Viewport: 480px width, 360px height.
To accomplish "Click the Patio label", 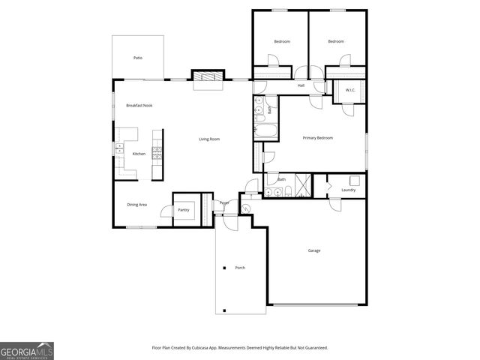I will pos(138,58).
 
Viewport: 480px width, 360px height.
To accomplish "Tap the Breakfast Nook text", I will pos(139,106).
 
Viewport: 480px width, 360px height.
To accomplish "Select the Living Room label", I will pos(209,139).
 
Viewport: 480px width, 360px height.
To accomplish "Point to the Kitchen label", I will pos(139,154).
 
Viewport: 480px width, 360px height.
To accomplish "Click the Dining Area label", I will pos(136,204).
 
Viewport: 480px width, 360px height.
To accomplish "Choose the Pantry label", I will pos(183,210).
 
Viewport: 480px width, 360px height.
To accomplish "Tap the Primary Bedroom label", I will pos(317,138).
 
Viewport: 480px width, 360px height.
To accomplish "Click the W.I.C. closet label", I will pos(350,91).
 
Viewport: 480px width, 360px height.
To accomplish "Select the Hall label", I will pos(301,85).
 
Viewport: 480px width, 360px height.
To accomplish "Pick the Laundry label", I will pos(348,190).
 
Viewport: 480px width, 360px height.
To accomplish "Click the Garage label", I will pos(313,250).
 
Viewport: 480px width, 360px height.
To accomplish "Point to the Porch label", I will pos(240,268).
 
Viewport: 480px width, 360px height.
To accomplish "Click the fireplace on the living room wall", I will pos(208,78).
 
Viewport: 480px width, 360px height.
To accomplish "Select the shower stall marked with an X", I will pos(303,184).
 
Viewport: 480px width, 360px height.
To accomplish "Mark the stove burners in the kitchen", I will pos(157,152).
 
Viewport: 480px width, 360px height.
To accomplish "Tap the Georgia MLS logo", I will pos(27,351).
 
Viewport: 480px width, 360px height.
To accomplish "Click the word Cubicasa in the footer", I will pos(214,348).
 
